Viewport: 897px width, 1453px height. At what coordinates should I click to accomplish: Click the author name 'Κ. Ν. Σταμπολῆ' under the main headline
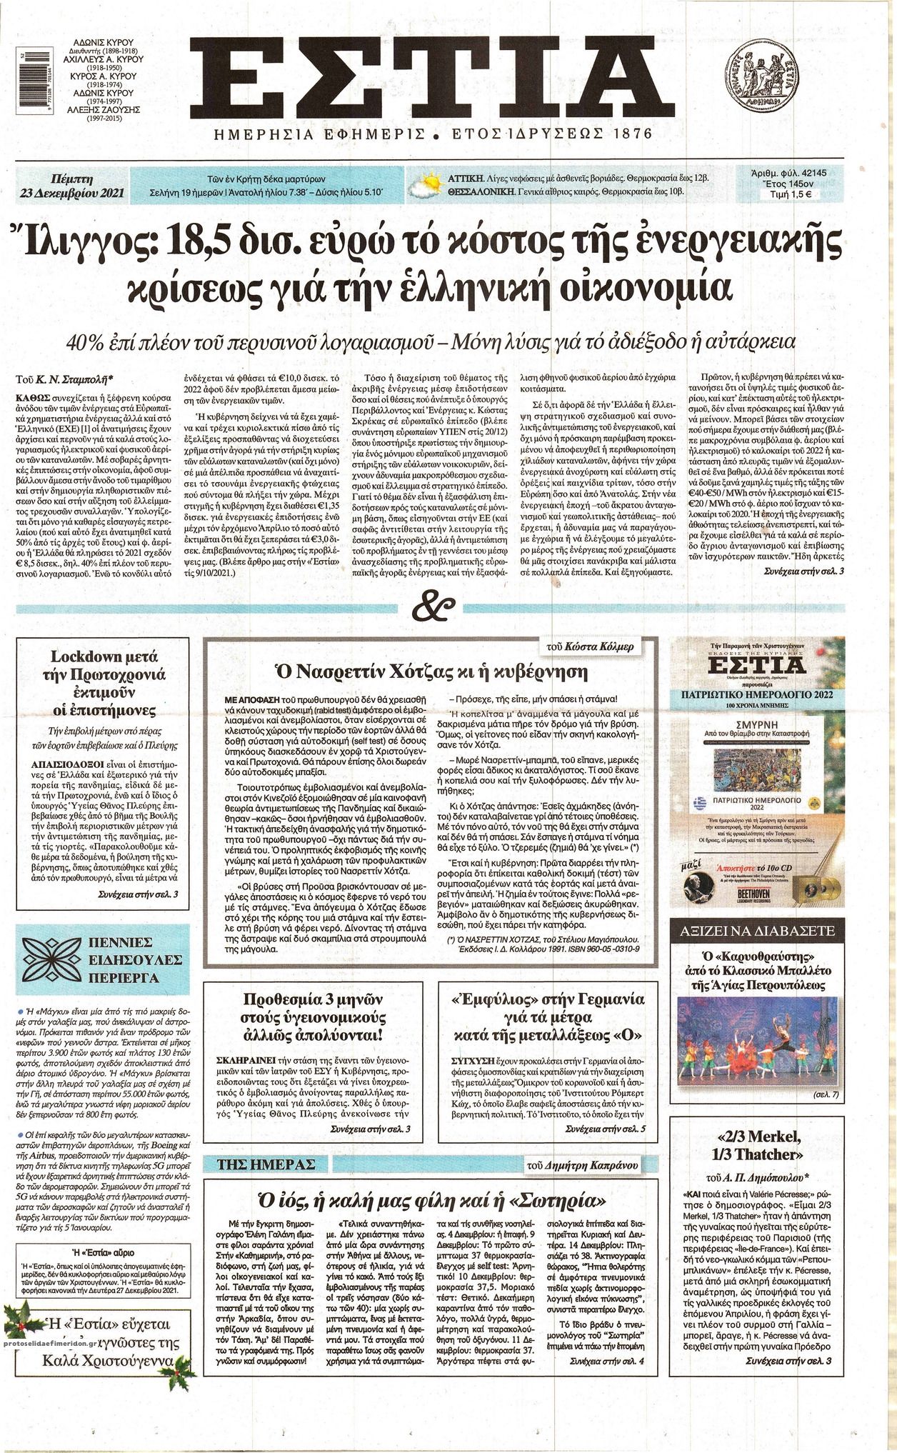coord(74,376)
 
